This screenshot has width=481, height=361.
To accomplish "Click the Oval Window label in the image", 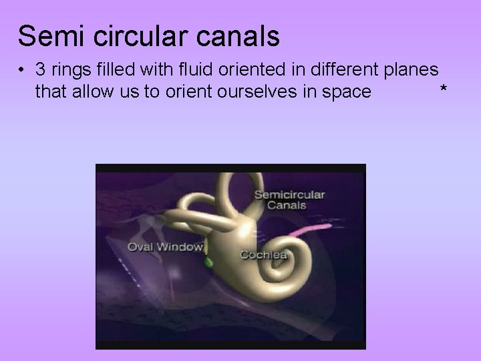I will (x=166, y=247).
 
